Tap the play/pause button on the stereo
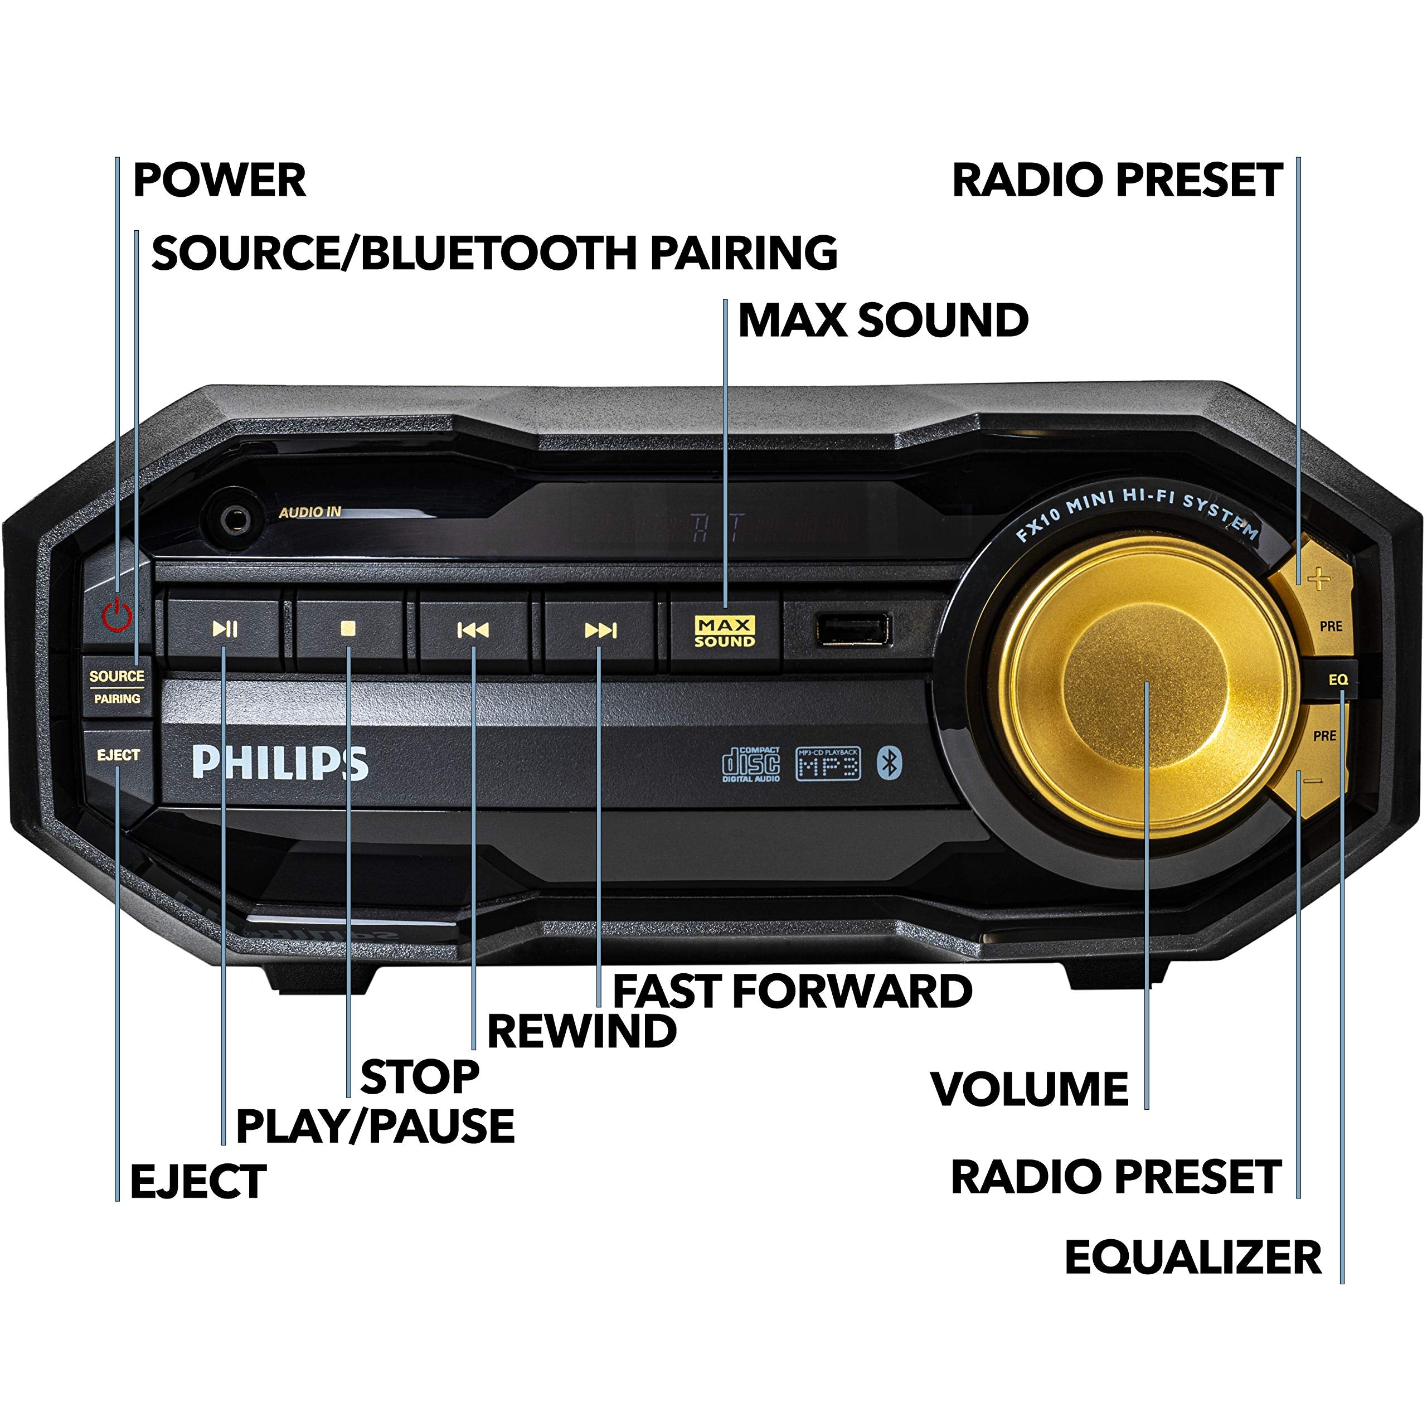tap(225, 629)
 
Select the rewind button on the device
tap(473, 630)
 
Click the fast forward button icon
tap(600, 630)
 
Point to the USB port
tap(853, 630)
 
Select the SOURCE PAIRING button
tap(117, 687)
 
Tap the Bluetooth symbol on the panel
tap(889, 763)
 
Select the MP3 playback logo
tap(828, 764)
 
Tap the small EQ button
tap(1338, 679)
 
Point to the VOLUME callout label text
tap(1030, 1089)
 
